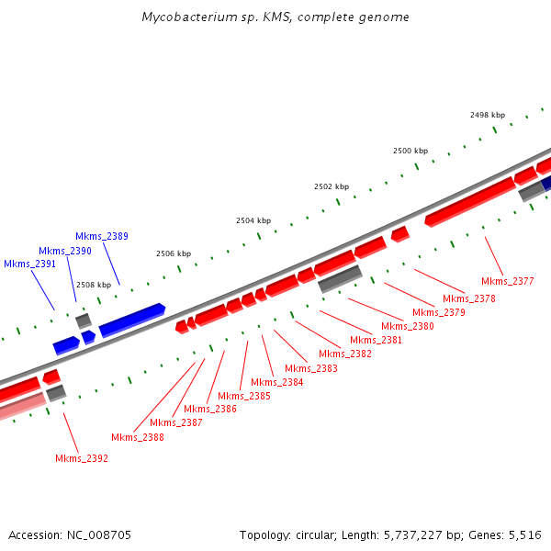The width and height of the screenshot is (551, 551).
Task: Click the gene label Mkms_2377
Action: pos(507,281)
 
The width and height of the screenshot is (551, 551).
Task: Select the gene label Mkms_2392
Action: pos(82,458)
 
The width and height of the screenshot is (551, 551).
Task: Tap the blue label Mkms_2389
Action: pos(102,237)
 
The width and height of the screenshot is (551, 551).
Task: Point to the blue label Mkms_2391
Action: pos(30,264)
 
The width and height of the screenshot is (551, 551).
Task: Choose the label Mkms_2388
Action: pos(138,437)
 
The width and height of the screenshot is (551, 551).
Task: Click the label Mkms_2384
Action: pos(277,382)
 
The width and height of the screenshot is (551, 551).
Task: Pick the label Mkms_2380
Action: pos(407,326)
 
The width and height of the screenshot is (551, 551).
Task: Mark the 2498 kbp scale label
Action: pos(487,115)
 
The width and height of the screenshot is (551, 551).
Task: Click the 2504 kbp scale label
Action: pos(253,220)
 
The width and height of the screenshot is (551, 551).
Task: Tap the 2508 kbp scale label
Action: pos(93,285)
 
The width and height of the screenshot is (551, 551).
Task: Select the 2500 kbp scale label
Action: pos(410,151)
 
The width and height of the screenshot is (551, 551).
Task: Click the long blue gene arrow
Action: pos(132,319)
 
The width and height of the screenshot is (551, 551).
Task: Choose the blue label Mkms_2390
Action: pos(65,251)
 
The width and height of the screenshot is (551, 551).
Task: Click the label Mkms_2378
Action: pos(468,298)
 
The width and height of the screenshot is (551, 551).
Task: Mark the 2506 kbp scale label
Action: pos(174,253)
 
